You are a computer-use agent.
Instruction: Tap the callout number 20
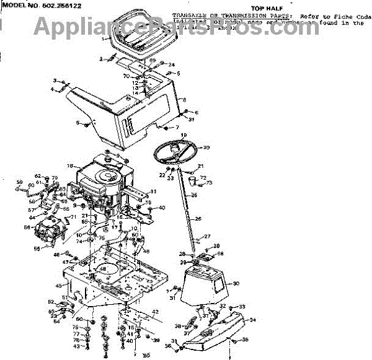coord(206,147)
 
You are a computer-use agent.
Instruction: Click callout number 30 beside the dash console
coord(236,284)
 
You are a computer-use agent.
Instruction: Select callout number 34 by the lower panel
coord(253,320)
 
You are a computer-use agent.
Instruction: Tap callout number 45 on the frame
coord(59,286)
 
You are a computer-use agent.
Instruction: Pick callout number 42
coord(155,312)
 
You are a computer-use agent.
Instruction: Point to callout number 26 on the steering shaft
coord(198,219)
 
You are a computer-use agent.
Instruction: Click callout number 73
coord(209,183)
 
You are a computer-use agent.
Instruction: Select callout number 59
coord(19,182)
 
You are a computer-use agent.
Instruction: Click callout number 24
coord(172,65)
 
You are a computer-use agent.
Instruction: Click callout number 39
coord(156,340)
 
